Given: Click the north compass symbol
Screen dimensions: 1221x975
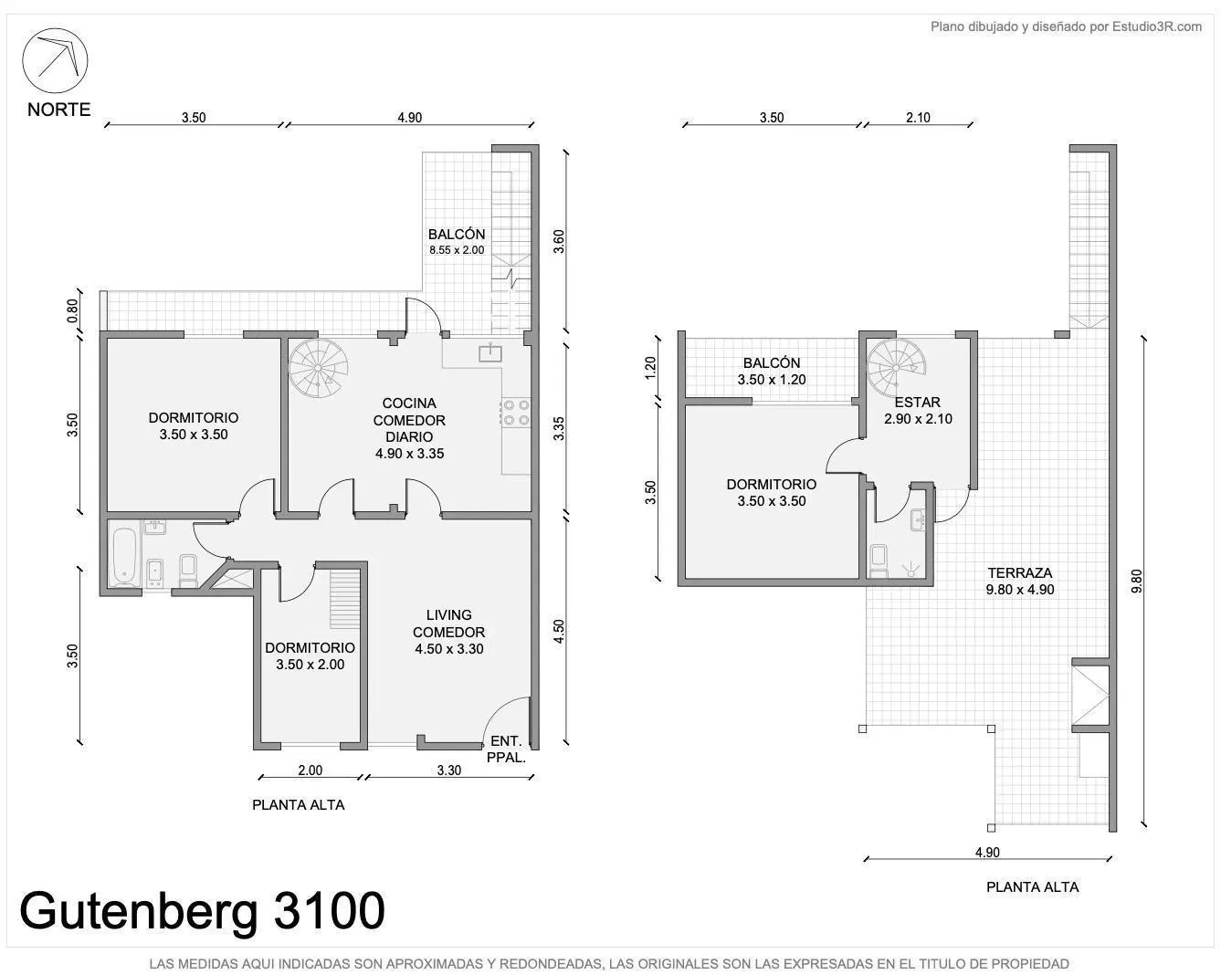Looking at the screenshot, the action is click(55, 60).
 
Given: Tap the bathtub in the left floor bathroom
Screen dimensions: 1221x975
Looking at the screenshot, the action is click(124, 556).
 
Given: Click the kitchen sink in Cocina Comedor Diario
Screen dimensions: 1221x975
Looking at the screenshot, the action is click(489, 352).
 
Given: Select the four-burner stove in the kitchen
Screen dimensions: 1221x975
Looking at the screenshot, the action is click(516, 413).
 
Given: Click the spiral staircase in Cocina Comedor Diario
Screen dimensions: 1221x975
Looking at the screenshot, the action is click(318, 368).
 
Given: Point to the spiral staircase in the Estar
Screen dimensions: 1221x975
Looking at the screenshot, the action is click(897, 368).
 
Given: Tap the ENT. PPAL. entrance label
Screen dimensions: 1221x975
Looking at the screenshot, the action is click(506, 750).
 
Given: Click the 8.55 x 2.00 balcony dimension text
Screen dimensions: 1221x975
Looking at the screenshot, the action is click(457, 250).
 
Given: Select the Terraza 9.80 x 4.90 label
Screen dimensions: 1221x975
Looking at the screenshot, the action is click(1019, 582).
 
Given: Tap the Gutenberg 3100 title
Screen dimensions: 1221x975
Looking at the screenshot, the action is click(203, 911).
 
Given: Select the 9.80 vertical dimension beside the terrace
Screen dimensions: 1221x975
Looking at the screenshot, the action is click(1136, 582).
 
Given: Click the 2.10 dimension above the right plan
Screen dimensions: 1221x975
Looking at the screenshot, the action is click(918, 118).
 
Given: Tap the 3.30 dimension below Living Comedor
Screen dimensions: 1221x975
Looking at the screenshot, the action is click(448, 771).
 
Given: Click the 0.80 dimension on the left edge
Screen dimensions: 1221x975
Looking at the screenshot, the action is click(73, 310).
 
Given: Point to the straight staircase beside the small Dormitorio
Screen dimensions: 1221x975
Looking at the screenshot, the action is click(345, 599).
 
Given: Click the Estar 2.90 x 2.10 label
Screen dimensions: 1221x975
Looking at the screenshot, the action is click(918, 411).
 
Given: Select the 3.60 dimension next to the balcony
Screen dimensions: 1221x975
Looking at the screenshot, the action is click(559, 241).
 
